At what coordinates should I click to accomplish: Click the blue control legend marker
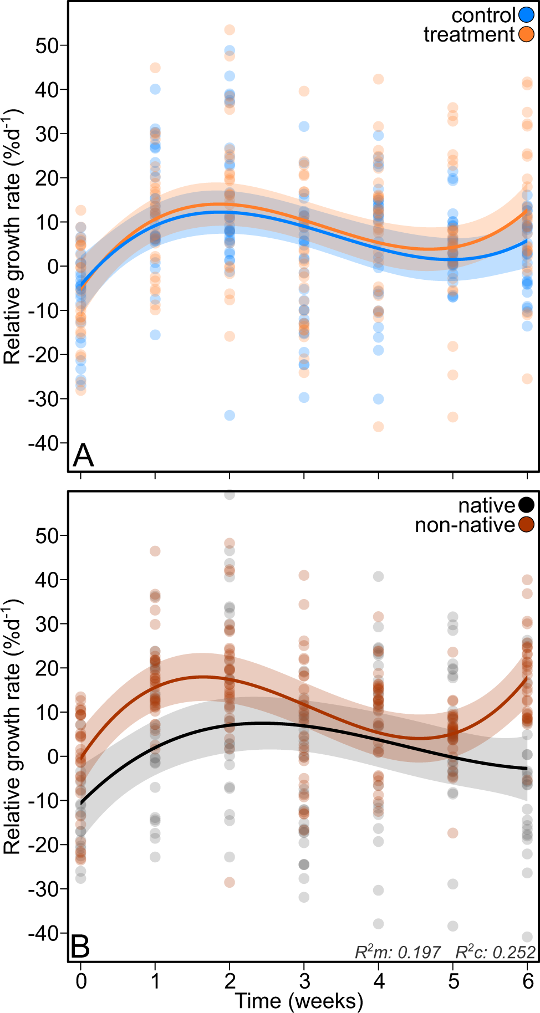(526, 15)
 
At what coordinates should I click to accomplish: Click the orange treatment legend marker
(526, 34)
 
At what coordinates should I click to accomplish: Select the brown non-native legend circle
(526, 524)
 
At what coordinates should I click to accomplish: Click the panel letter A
(83, 456)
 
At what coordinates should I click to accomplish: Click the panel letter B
(81, 947)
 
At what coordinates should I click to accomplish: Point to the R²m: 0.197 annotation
(398, 952)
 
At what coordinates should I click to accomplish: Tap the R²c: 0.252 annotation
(495, 952)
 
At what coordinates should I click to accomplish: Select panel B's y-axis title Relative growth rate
(12, 726)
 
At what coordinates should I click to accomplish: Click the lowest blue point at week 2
(230, 415)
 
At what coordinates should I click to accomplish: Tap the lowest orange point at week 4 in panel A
(378, 426)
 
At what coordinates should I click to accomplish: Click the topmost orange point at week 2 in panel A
(230, 29)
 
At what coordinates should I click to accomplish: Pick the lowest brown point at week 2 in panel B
(230, 882)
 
